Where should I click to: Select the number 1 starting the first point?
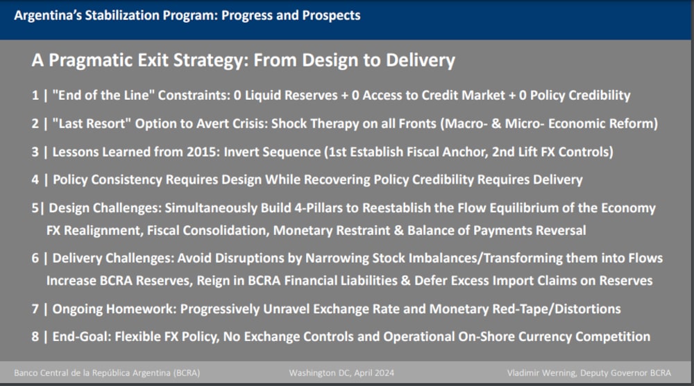35,95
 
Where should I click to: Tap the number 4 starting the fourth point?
35,179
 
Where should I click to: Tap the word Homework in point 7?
141,308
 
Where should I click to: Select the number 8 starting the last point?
35,337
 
